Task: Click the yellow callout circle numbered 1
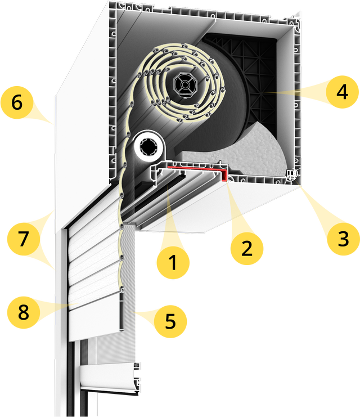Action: (173, 262)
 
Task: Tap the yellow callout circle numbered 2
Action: (247, 248)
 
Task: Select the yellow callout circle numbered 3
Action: (343, 239)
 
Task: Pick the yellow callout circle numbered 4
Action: (343, 92)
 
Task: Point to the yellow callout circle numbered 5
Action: (170, 321)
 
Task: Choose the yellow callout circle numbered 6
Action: (17, 102)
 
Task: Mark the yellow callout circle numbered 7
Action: (24, 239)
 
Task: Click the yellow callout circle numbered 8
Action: (24, 312)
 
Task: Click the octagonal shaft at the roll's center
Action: (185, 85)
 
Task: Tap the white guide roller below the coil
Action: (148, 146)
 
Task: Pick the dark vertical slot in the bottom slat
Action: (121, 311)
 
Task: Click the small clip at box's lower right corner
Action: (292, 174)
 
